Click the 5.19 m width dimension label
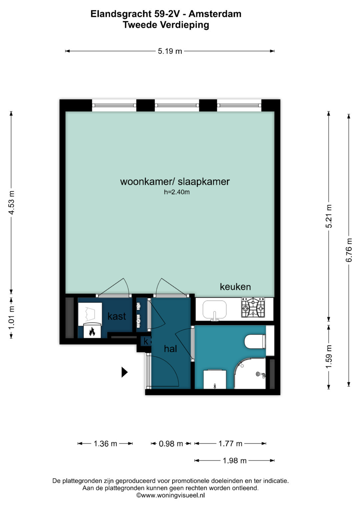[x=170, y=51]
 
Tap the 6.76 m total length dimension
[x=349, y=250]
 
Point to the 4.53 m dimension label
[x=11, y=202]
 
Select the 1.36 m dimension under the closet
[x=105, y=443]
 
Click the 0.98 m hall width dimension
[x=171, y=443]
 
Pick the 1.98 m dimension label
[x=235, y=461]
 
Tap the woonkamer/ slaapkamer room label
[x=175, y=182]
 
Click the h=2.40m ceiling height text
[x=177, y=192]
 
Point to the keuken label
[x=235, y=287]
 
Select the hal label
[x=170, y=349]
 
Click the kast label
[x=117, y=316]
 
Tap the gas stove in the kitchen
[x=253, y=308]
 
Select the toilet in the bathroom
[x=255, y=341]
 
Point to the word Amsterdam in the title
[x=215, y=14]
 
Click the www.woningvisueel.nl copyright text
[x=170, y=495]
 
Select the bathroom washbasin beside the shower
[x=215, y=379]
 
